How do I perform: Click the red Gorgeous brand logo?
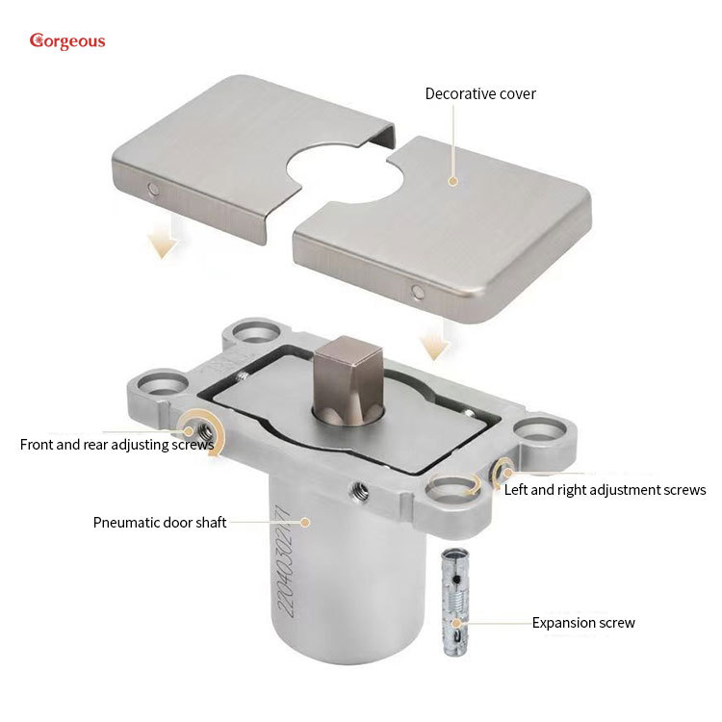point(67,41)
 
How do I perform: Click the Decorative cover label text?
point(480,94)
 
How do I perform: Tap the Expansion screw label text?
point(583,623)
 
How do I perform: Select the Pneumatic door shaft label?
point(159,522)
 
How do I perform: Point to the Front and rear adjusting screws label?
point(116,445)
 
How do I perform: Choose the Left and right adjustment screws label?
point(606,489)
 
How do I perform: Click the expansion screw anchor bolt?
point(455,603)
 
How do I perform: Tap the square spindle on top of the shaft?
point(348,376)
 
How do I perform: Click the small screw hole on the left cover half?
point(153,189)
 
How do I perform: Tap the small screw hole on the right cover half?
point(418,291)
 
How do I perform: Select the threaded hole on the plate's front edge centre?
point(359,491)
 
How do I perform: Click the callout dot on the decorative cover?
point(452,181)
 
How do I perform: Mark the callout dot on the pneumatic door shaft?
point(305,522)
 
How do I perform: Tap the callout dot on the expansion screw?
point(456,623)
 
